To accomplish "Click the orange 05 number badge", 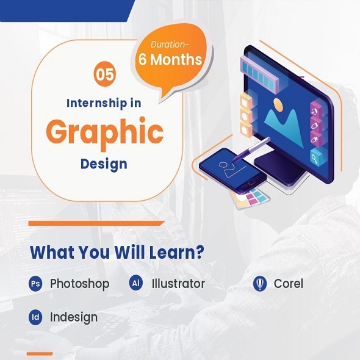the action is [105, 74].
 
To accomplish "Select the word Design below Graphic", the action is [104, 164].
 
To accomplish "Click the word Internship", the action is [97, 103].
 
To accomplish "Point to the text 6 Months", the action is [170, 59].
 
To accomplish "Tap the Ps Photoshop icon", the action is [35, 284].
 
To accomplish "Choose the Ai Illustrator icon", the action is [136, 283].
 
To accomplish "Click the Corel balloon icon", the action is [260, 284].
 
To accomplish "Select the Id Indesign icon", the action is [35, 317].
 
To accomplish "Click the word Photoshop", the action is [80, 284].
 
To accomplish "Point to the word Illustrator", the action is [178, 284].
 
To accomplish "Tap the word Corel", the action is [289, 284].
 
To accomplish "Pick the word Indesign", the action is [74, 318].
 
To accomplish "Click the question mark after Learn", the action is [199, 251].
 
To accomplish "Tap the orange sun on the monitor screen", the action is [278, 105].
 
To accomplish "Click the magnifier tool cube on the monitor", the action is [316, 157].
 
